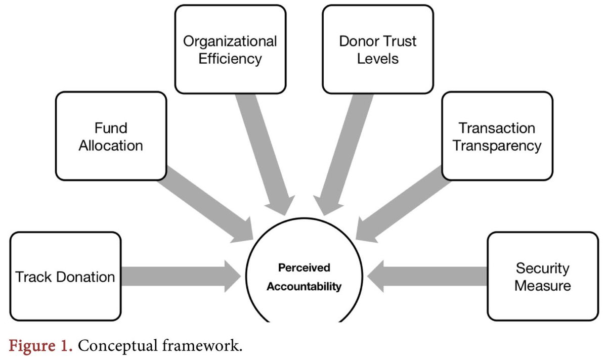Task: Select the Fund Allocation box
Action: pos(111,136)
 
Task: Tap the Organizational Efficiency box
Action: pos(230,49)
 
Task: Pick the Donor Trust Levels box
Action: pos(378,49)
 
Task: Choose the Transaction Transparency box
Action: pos(497,136)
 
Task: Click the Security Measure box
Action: pos(542,276)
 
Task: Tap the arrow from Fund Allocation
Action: pos(207,202)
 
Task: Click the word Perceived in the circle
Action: pos(304,267)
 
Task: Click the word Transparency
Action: pos(497,146)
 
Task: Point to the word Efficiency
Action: pos(230,58)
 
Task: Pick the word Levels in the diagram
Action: pos(378,58)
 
